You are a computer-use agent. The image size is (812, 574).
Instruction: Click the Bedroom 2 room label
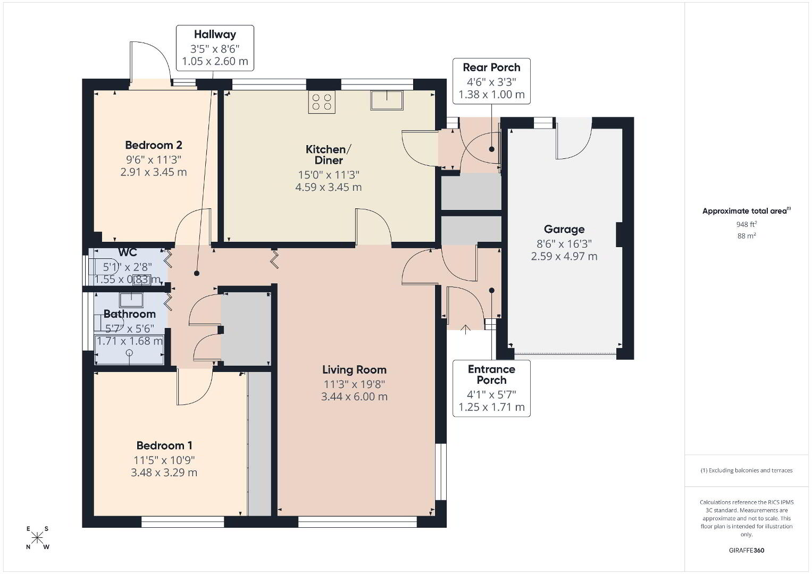[x=153, y=145]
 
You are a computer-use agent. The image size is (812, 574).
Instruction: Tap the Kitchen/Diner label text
[x=329, y=155]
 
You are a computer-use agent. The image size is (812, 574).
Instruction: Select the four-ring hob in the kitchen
[x=322, y=102]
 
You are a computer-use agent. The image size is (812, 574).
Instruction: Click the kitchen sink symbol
[x=387, y=100]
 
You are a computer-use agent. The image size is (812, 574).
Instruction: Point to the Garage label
[x=564, y=230]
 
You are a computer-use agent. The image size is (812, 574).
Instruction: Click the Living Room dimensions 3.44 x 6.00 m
[x=354, y=396]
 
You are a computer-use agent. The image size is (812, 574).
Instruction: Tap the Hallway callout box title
[x=215, y=35]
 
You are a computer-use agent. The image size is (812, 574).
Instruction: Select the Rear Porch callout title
[x=491, y=67]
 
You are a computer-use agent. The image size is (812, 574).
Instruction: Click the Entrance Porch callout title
[x=491, y=374]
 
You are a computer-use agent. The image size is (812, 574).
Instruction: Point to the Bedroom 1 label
[x=164, y=445]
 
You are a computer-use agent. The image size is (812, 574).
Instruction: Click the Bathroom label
[x=129, y=314]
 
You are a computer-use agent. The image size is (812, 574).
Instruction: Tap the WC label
[x=128, y=252]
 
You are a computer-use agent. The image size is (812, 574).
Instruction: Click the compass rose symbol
[x=37, y=538]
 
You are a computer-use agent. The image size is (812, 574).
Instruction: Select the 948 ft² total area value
[x=747, y=224]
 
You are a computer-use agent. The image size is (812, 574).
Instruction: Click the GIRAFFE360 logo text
[x=747, y=551]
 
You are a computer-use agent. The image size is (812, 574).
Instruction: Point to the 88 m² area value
[x=747, y=236]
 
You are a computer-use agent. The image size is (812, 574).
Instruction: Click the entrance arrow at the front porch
[x=465, y=329]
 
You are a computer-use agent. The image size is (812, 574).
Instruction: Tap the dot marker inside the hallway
[x=196, y=273]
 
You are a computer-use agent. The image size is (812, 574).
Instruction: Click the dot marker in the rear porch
[x=491, y=149]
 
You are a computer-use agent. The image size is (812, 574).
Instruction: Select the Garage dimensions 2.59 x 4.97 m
[x=564, y=257]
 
